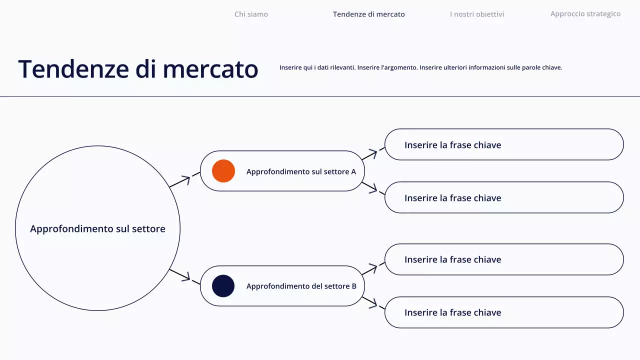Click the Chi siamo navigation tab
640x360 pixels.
tap(251, 14)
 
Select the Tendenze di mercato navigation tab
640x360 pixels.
tap(368, 14)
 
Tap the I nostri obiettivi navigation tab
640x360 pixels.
tap(476, 14)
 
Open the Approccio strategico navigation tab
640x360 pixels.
tap(585, 14)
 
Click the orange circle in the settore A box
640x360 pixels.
tap(223, 171)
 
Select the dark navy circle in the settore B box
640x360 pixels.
tap(223, 286)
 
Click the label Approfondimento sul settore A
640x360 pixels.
tap(301, 171)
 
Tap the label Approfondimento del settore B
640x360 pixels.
tap(301, 286)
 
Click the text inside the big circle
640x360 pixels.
tap(97, 228)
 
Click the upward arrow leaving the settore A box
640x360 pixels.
tap(373, 153)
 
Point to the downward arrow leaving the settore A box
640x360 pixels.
tap(373, 189)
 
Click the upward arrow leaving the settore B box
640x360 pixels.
tap(373, 268)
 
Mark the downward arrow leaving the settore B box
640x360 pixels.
tap(373, 303)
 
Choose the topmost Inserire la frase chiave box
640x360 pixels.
tap(504, 144)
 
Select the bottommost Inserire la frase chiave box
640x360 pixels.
tap(504, 312)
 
